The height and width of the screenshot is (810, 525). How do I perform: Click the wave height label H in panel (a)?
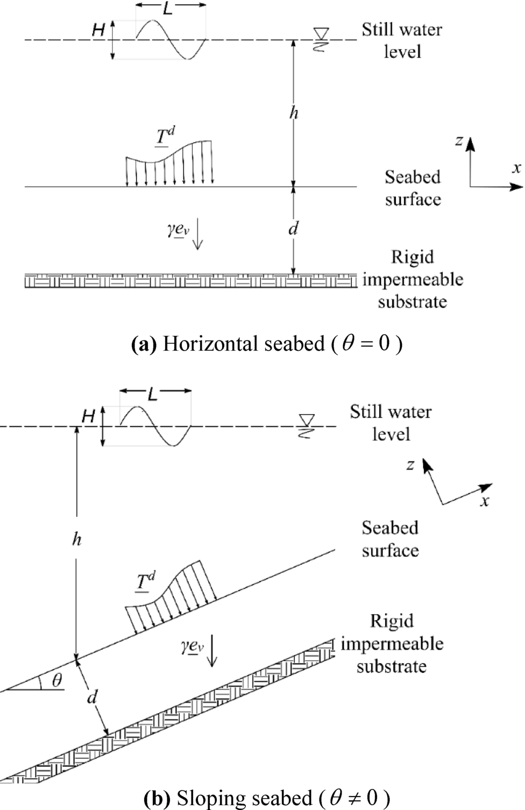[98, 30]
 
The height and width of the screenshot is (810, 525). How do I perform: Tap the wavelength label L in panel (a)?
[168, 8]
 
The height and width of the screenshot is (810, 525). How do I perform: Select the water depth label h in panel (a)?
[294, 113]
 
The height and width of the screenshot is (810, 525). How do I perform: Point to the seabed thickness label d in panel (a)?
[293, 229]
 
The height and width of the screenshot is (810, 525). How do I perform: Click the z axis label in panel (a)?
[459, 141]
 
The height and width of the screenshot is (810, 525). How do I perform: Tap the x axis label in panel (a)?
[516, 168]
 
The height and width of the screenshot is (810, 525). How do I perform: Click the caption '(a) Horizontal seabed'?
[266, 343]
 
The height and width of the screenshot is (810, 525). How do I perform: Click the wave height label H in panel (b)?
[88, 416]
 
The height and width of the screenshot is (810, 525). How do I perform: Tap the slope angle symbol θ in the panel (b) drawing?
[57, 680]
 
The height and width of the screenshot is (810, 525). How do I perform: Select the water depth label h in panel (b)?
[76, 539]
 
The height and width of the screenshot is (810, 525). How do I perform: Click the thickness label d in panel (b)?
[92, 698]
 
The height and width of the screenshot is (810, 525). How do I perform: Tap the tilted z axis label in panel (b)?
[410, 465]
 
